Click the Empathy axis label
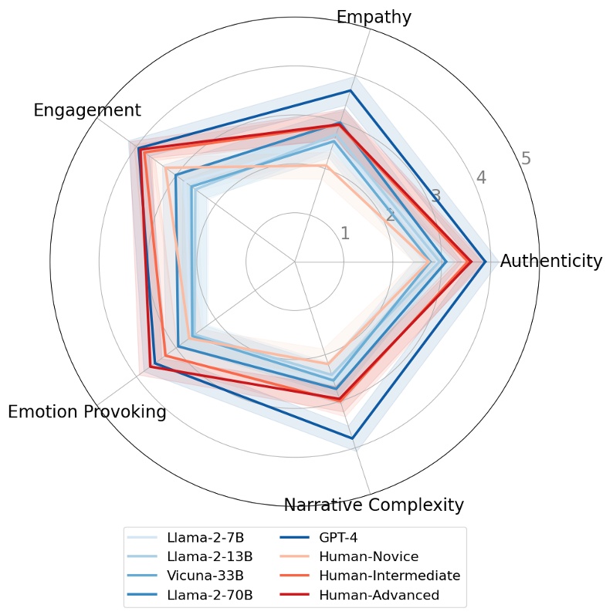coord(374,17)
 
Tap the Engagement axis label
coord(87,110)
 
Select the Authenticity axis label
coord(550,261)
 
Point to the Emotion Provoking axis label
coord(87,412)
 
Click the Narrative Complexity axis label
coord(374,505)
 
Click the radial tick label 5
coord(526,159)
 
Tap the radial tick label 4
coord(481,177)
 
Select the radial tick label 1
coord(345,234)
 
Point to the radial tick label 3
coord(435,196)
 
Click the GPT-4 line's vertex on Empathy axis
coord(351,91)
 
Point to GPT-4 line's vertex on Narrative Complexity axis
coord(352,438)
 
